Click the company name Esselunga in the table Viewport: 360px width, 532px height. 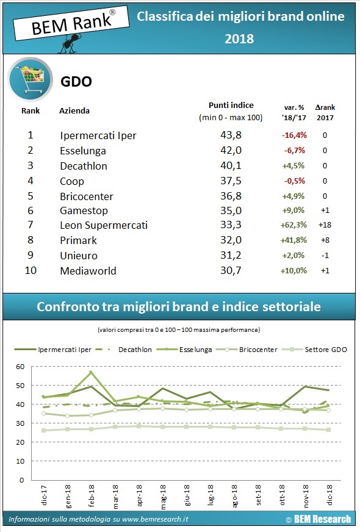pos(83,151)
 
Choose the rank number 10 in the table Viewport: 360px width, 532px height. pos(31,270)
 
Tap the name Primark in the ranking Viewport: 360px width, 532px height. pos(78,240)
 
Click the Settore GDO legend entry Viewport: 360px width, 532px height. pos(325,350)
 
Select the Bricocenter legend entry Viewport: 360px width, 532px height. pos(256,350)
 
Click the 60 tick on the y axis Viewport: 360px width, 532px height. pos(20,367)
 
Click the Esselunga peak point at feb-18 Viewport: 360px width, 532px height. pos(90,372)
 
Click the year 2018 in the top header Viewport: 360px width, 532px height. pos(240,39)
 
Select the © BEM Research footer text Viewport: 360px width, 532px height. pos(318,519)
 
